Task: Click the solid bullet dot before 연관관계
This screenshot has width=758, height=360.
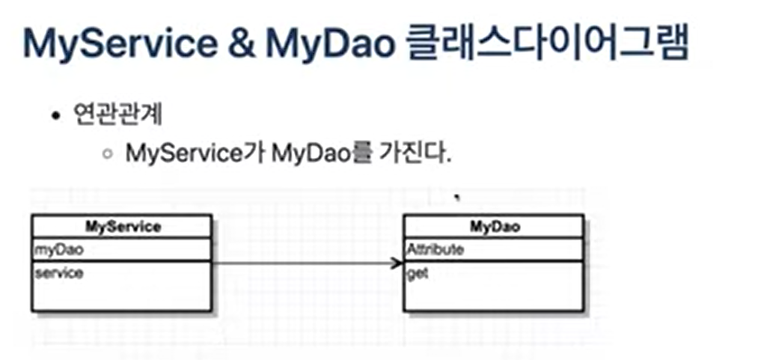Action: (x=55, y=118)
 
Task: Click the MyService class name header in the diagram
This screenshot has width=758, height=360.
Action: (x=123, y=226)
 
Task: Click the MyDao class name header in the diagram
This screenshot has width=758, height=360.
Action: (x=494, y=226)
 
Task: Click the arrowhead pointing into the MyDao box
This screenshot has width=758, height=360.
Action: (x=397, y=263)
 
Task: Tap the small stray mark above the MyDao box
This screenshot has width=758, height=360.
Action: (x=456, y=198)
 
